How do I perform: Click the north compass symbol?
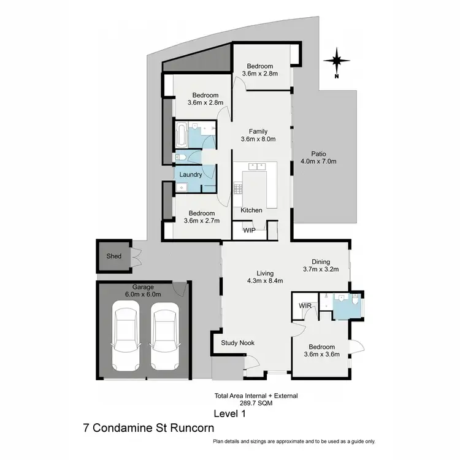337,61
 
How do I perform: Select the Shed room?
114,256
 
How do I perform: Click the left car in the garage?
127,335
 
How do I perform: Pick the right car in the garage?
164,335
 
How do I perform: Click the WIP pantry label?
249,231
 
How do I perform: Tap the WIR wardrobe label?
305,305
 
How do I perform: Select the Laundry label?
191,175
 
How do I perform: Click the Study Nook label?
237,343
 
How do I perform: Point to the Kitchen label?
251,210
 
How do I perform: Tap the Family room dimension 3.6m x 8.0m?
257,139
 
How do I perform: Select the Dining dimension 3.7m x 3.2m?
321,269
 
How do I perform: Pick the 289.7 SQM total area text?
256,404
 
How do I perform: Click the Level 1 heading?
230,413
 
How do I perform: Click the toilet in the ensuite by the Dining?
355,301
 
